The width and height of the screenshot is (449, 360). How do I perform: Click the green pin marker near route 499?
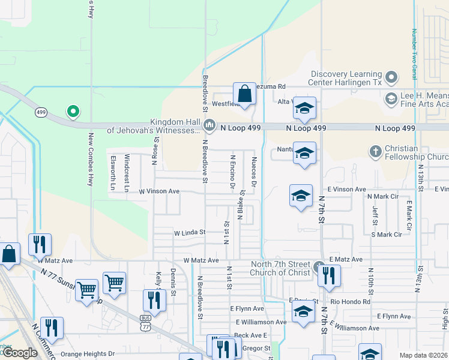73,111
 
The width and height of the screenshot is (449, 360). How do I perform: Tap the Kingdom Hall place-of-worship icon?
209,126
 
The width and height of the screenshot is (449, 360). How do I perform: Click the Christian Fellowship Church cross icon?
375,151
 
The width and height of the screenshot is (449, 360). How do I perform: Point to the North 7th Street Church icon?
319,266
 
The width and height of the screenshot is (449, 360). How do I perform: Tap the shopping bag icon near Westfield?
244,94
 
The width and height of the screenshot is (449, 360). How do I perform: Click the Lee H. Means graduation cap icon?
391,98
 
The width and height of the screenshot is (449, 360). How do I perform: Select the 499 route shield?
41,112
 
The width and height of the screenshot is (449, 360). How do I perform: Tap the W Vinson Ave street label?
159,191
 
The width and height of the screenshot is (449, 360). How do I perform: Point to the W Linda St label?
190,232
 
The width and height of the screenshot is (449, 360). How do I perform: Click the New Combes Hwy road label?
91,159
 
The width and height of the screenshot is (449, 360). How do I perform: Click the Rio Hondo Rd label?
350,301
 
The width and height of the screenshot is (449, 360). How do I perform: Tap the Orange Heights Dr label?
87,354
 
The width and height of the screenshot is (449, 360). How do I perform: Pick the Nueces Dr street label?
254,174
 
